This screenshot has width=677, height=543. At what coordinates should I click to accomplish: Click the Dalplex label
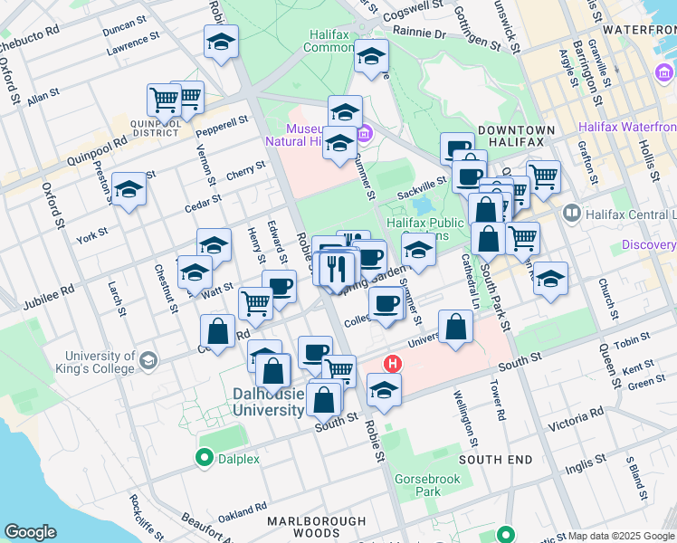point(238,459)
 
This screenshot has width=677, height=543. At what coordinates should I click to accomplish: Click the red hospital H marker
point(393,364)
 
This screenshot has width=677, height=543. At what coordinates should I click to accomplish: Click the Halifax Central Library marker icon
point(572,214)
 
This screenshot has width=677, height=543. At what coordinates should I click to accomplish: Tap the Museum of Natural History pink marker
point(365,135)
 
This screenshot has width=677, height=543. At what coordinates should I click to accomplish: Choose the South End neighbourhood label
point(495,460)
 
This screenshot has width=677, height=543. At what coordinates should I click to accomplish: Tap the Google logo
point(31,532)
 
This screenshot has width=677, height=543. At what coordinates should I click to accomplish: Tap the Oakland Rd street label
point(241,513)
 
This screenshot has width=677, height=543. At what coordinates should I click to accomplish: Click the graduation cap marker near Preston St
point(129,190)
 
